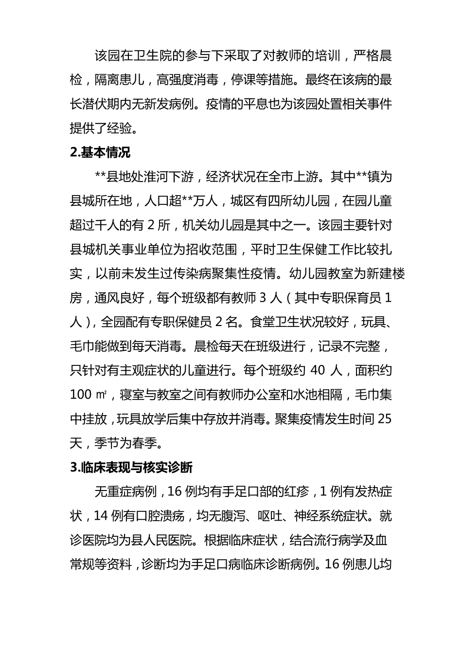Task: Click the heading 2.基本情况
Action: point(101,152)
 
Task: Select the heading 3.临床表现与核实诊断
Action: point(131,468)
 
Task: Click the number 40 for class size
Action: point(317,371)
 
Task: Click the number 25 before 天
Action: point(384,419)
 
